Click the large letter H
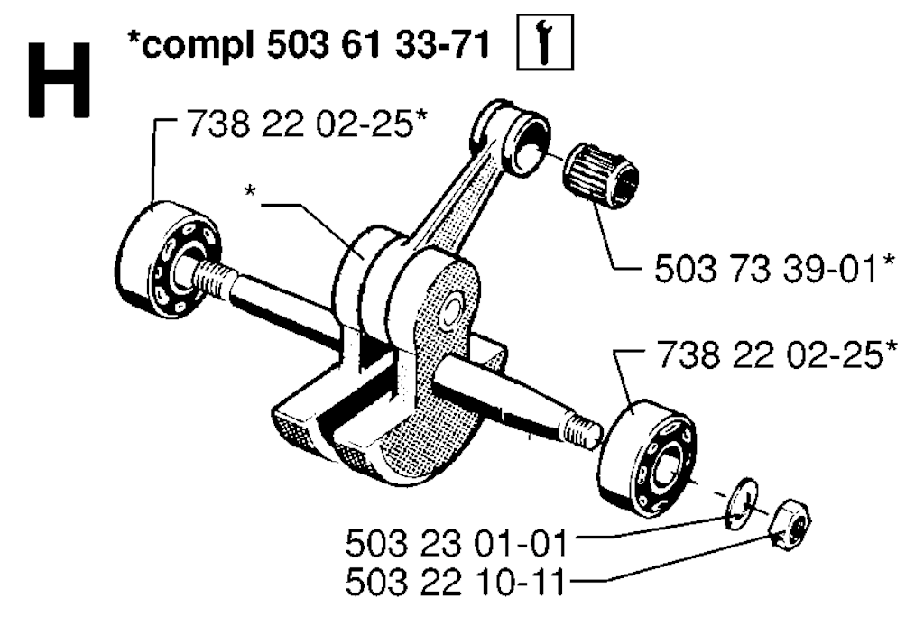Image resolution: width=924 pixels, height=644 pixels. (60, 80)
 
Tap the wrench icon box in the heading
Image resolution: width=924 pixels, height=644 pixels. (545, 42)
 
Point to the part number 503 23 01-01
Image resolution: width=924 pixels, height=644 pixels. (456, 543)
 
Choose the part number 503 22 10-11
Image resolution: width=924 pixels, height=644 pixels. (455, 583)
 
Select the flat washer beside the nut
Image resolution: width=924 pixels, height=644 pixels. (741, 503)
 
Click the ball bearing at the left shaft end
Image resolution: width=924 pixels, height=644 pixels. (167, 258)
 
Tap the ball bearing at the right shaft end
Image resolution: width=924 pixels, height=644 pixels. (648, 456)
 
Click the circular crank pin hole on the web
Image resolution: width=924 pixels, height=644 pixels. (453, 308)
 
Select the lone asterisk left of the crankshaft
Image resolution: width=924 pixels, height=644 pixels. (251, 191)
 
